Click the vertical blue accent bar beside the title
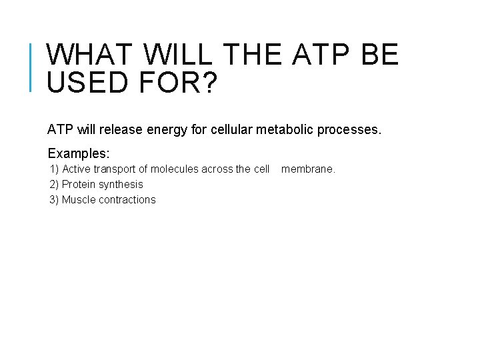pos(31,67)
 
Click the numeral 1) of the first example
pos(54,169)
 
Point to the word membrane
pos(307,169)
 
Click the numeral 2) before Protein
pos(54,185)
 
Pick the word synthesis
pos(121,185)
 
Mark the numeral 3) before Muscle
pos(54,200)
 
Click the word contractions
pos(127,200)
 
